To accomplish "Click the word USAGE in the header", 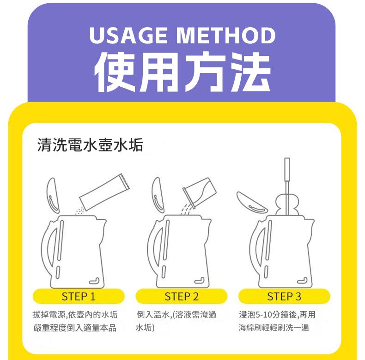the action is click(x=128, y=36).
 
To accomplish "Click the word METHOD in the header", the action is click(x=225, y=36).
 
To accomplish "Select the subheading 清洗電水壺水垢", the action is click(x=90, y=144).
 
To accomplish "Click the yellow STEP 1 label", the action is click(x=79, y=296).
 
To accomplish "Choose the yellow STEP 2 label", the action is click(x=181, y=296).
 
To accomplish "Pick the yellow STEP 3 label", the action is click(x=284, y=296).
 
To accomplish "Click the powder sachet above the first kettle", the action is click(x=104, y=192).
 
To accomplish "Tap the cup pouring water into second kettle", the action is click(x=199, y=192).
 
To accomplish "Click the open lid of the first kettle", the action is click(x=53, y=196).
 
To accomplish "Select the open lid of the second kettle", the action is click(x=158, y=195).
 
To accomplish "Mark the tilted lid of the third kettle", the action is click(x=252, y=203).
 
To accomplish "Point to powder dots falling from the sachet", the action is click(x=80, y=211).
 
